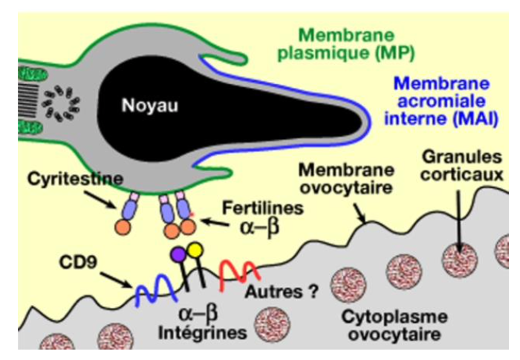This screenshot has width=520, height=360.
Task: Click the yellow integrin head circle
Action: (x=195, y=251)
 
